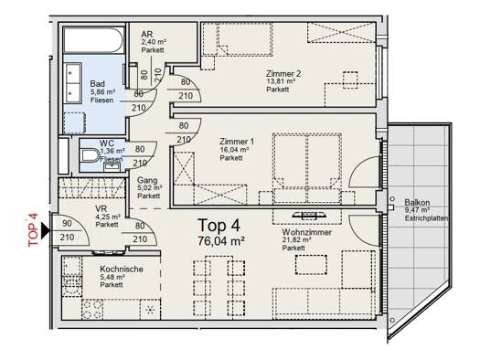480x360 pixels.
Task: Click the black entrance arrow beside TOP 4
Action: coord(47,229)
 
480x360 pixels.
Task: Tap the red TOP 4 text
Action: coord(33,229)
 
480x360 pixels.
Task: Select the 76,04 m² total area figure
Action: coord(221,241)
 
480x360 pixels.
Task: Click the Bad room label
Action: coord(97,83)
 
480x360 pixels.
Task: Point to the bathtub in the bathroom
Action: coord(93,40)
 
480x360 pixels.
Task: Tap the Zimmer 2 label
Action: coord(283,74)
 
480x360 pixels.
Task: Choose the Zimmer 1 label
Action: coord(237,142)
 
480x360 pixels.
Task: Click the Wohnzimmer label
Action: coord(306,232)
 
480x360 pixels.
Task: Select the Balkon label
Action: coord(417,202)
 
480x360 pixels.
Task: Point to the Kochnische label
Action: coord(122,270)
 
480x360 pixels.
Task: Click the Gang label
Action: coord(147,180)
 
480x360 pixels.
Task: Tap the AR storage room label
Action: coord(147,34)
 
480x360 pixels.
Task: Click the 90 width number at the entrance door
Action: coord(67,223)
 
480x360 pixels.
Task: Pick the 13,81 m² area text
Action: coord(281,81)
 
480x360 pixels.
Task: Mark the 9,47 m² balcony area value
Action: coord(417,210)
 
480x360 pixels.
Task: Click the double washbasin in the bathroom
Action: coord(72,83)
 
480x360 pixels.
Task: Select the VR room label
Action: coord(101,209)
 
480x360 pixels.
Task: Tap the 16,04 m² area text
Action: coord(234,150)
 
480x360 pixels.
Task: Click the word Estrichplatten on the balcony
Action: coord(426,218)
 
